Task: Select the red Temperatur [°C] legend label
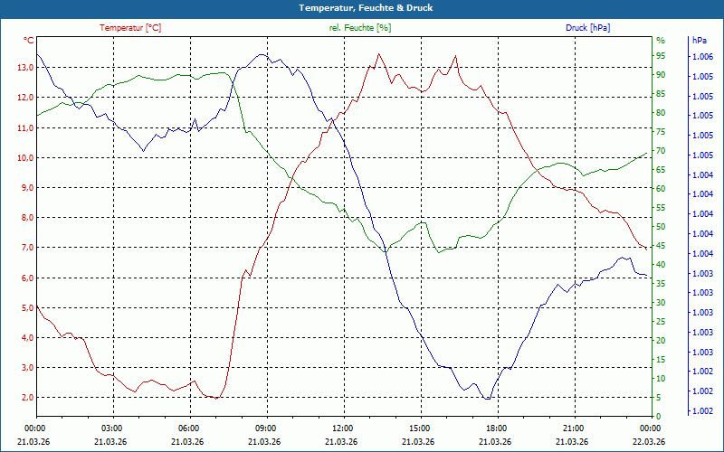coord(130,28)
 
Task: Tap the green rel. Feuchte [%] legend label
coord(360,28)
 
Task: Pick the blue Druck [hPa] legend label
coord(587,28)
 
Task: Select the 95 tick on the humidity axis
coord(661,56)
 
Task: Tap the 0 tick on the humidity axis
coord(659,417)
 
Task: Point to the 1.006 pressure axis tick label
coord(701,57)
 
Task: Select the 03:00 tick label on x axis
coord(112,428)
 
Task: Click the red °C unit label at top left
coord(29,41)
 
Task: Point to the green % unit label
coord(661,41)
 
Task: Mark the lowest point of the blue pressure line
coord(487,399)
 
